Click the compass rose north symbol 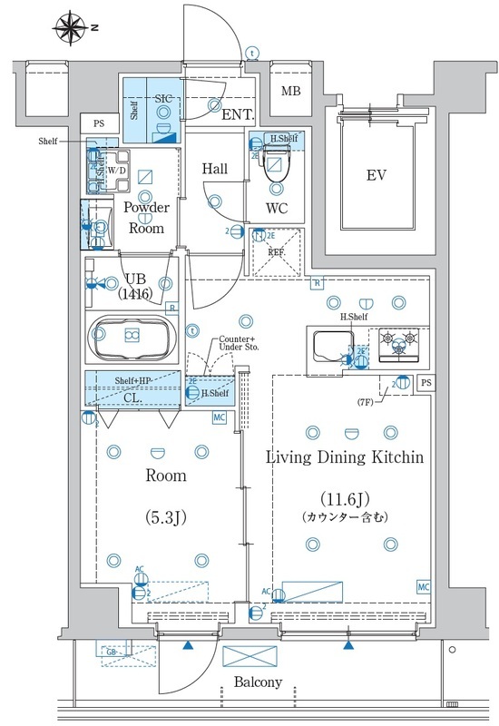coord(73,27)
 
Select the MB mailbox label coord(290,92)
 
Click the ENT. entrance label coord(238,115)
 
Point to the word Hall coord(215,168)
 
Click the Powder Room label coord(147,218)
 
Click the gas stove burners coord(400,342)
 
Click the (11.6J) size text coord(344,499)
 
